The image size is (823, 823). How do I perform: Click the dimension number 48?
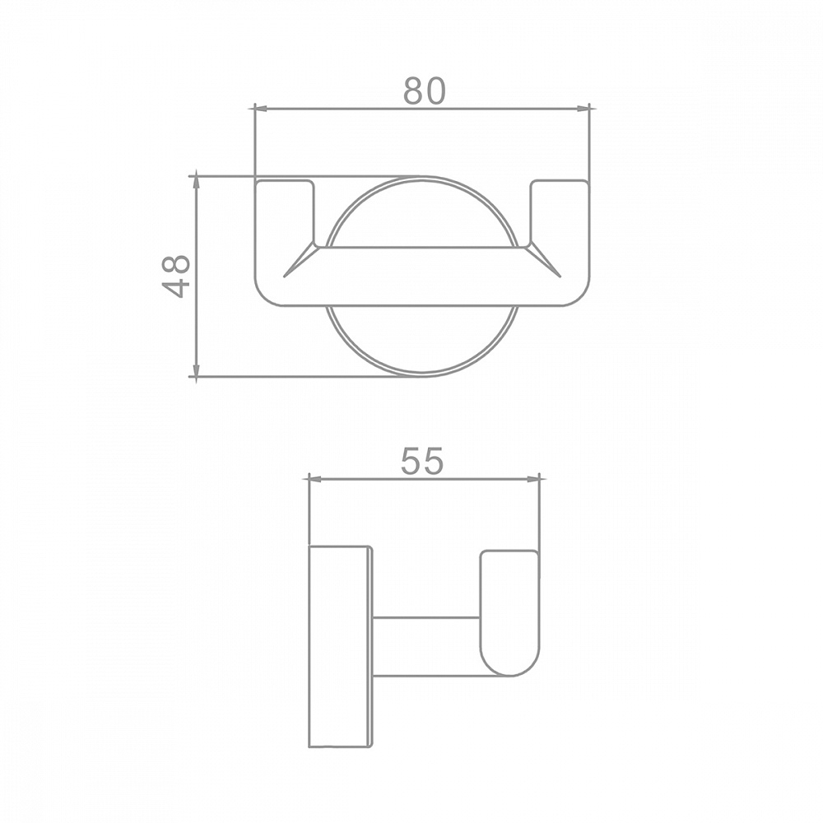coord(176,277)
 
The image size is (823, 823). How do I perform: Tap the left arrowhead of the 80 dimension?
coord(261,109)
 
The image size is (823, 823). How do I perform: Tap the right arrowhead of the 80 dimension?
coord(584,109)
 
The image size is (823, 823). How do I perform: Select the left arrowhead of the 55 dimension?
coord(317,478)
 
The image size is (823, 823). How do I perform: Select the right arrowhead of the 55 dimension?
coord(532,478)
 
